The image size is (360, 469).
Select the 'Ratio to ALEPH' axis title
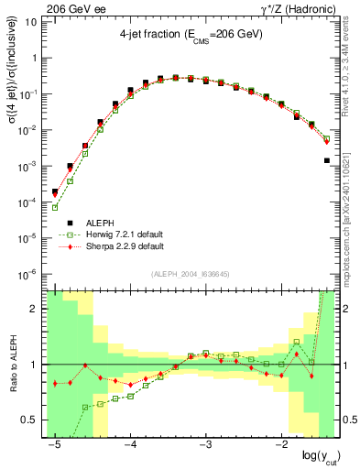click(12, 365)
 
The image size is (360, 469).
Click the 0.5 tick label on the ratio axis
click(30, 420)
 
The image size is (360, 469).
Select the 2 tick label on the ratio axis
click(35, 309)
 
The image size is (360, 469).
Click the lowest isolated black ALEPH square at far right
click(327, 160)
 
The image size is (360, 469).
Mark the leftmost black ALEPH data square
click(55, 192)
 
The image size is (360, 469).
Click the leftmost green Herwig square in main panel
click(55, 207)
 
